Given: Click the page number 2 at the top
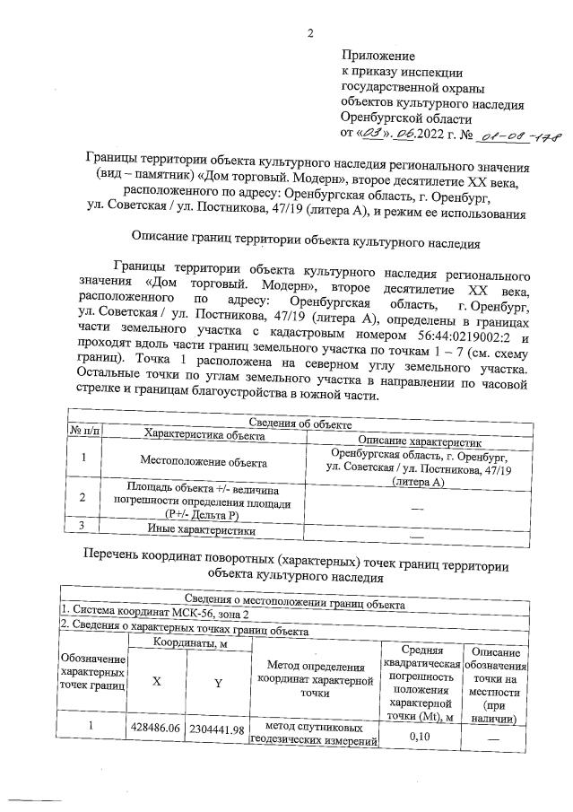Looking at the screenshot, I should coord(309,35).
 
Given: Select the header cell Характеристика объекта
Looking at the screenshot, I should coord(205,434).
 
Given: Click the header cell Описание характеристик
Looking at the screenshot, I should coord(421,441).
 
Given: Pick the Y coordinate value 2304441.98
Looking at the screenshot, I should coord(216,730).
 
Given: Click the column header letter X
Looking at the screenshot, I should coord(156,681).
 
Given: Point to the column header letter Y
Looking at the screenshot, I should coord(216,682).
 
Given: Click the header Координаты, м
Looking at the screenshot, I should coord(186,642).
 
